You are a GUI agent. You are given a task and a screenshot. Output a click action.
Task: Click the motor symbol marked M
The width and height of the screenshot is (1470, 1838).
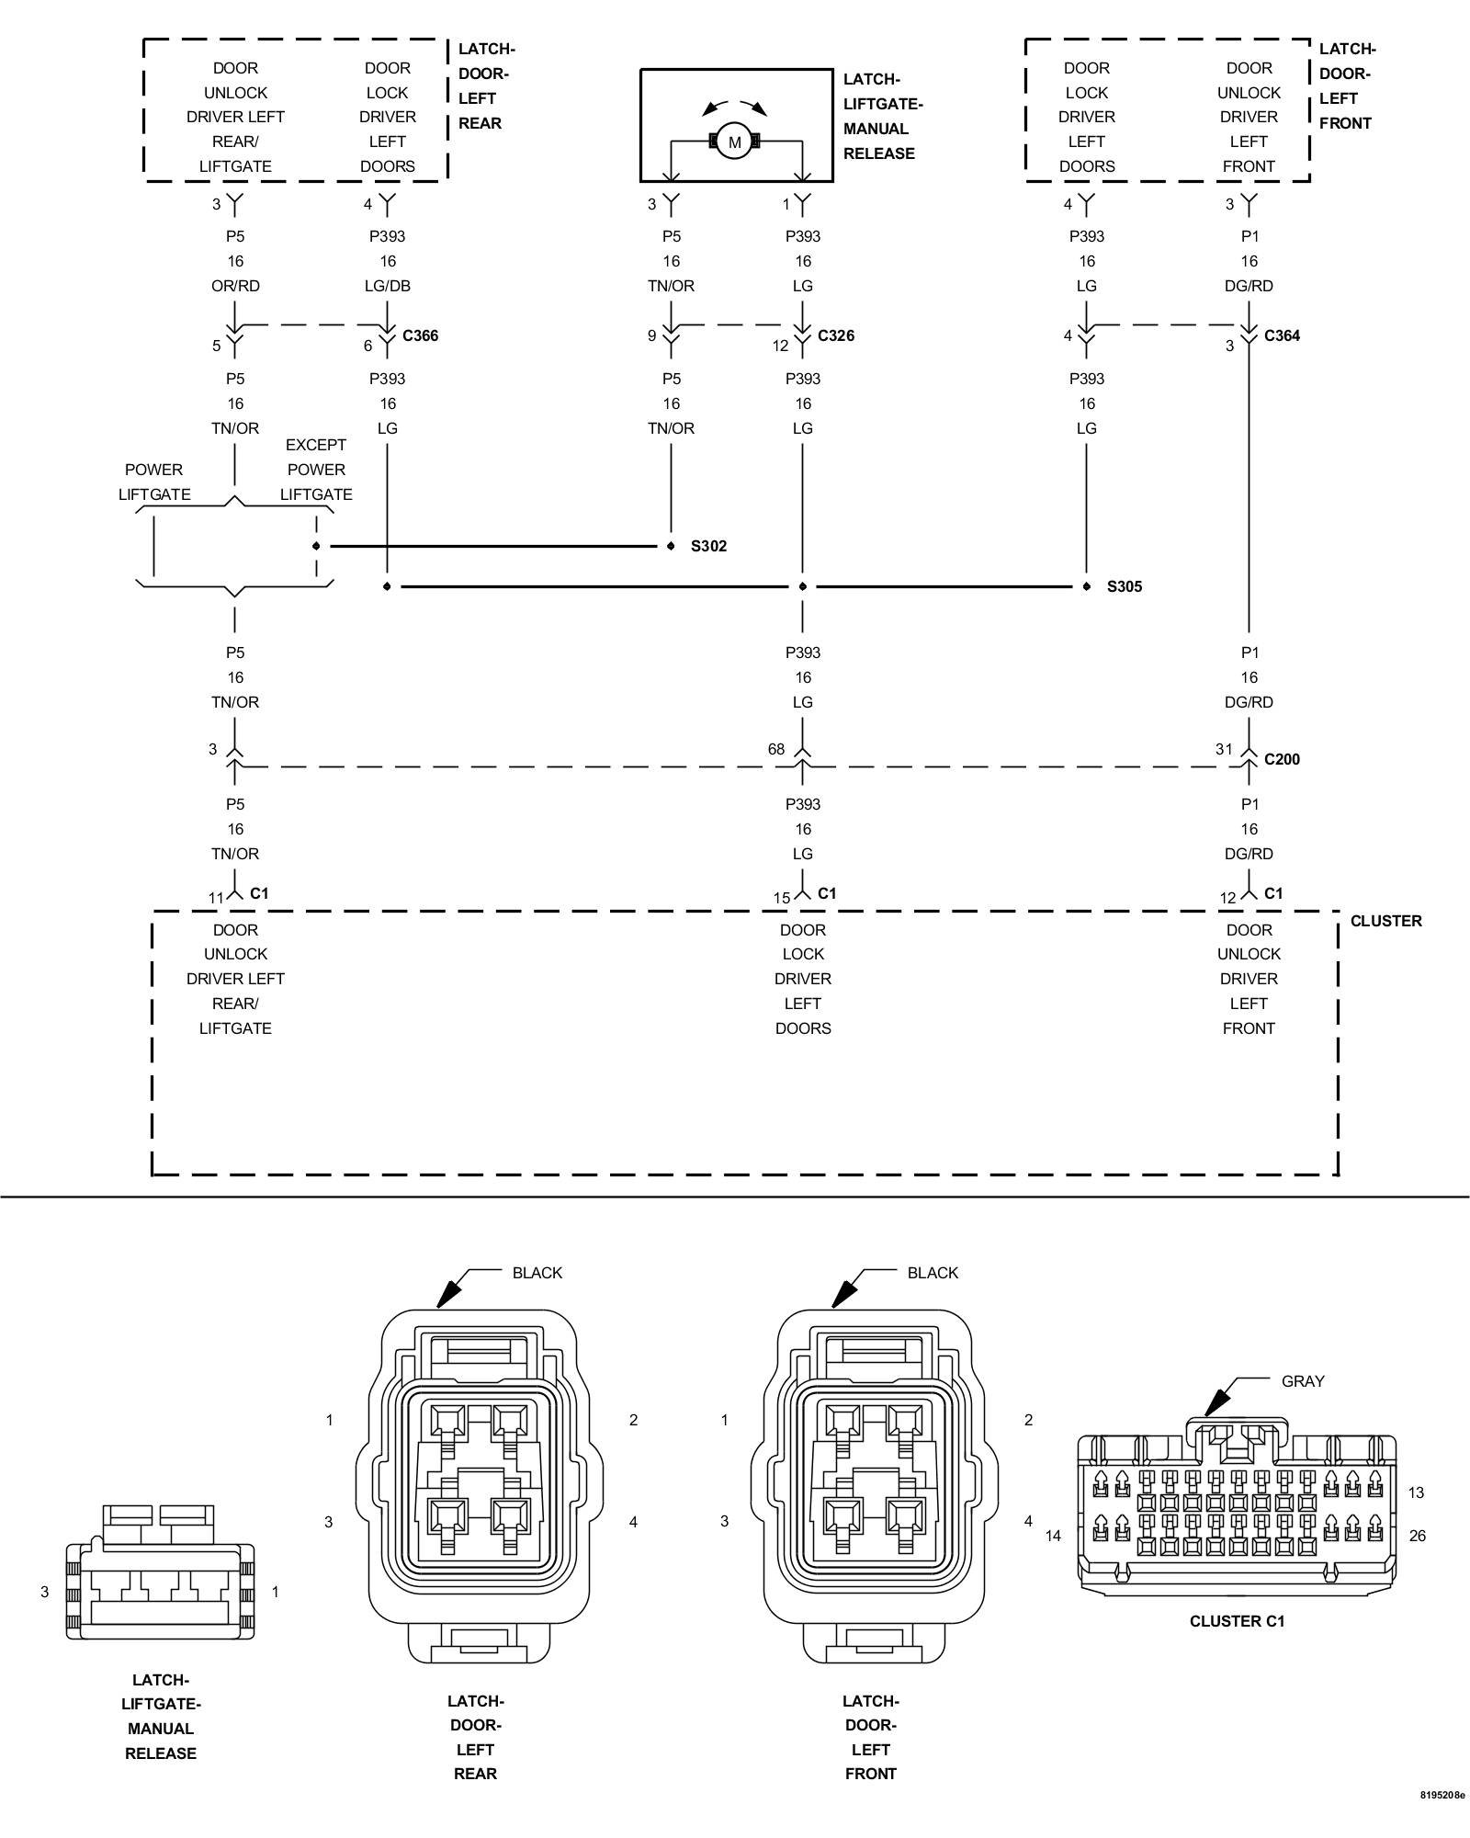pyautogui.click(x=734, y=142)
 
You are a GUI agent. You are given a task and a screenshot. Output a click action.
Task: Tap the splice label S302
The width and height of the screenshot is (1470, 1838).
pyautogui.click(x=708, y=546)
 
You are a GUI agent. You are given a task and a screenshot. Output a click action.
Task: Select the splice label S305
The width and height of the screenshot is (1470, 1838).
pyautogui.click(x=1125, y=586)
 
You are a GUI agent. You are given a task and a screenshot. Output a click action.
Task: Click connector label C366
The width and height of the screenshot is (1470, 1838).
pyautogui.click(x=420, y=335)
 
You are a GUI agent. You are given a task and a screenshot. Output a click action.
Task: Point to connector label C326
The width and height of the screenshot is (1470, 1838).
pyautogui.click(x=836, y=335)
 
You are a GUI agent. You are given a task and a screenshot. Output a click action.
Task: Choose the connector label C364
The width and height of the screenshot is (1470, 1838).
pyautogui.click(x=1282, y=335)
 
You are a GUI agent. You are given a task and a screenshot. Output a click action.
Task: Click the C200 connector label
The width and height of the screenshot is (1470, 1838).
pyautogui.click(x=1282, y=759)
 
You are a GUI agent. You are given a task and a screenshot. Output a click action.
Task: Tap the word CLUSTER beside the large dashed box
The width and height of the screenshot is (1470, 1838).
pyautogui.click(x=1385, y=921)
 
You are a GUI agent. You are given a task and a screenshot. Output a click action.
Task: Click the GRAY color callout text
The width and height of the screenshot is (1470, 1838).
pyautogui.click(x=1303, y=1380)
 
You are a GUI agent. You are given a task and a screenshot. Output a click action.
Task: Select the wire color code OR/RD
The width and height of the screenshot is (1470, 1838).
pyautogui.click(x=235, y=286)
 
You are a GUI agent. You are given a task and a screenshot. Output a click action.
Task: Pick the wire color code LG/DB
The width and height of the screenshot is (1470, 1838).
pyautogui.click(x=388, y=286)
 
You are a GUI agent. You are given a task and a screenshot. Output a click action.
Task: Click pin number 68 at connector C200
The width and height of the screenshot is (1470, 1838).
pyautogui.click(x=776, y=749)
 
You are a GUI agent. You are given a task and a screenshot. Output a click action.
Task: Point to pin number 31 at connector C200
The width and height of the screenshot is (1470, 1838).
pyautogui.click(x=1224, y=749)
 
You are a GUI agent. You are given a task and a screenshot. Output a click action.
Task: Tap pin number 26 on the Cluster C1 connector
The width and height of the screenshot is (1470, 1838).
pyautogui.click(x=1417, y=1536)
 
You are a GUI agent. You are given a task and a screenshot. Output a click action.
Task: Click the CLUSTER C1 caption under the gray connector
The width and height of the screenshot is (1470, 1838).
pyautogui.click(x=1237, y=1621)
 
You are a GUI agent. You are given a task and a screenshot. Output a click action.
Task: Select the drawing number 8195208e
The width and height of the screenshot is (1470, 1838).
pyautogui.click(x=1442, y=1820)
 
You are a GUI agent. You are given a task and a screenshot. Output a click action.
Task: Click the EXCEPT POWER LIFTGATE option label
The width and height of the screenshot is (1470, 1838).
pyautogui.click(x=316, y=470)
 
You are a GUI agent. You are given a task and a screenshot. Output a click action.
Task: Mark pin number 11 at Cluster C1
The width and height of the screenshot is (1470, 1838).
pyautogui.click(x=216, y=898)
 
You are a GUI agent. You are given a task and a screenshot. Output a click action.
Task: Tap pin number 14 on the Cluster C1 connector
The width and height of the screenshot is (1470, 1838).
pyautogui.click(x=1053, y=1536)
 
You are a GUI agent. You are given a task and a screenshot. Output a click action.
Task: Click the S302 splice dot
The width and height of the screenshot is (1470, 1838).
pyautogui.click(x=670, y=546)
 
